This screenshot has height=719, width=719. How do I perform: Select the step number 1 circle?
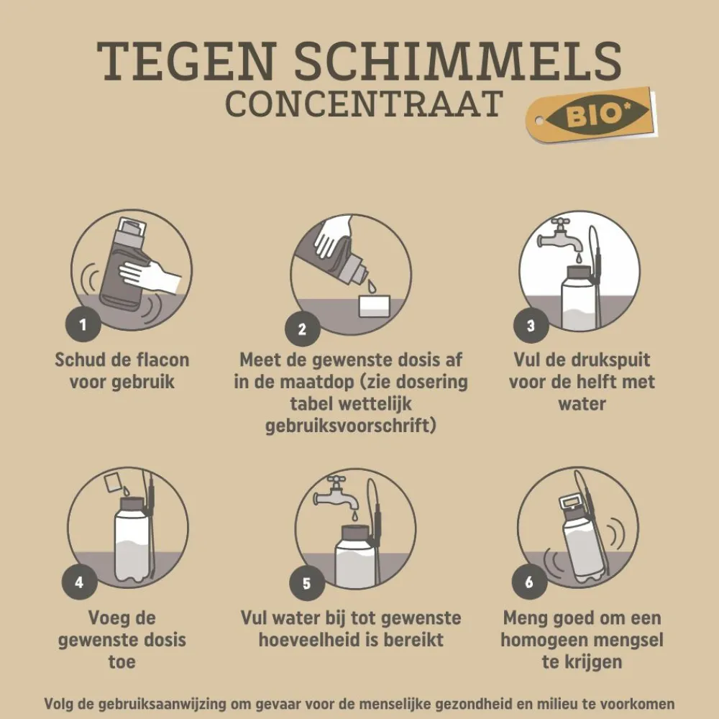click(82, 324)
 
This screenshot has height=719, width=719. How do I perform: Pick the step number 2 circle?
click(302, 329)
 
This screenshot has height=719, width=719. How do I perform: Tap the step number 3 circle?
click(530, 325)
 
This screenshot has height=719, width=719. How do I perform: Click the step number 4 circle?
click(79, 582)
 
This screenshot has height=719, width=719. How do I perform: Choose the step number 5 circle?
click(306, 583)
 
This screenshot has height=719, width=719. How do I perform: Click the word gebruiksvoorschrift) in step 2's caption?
click(351, 426)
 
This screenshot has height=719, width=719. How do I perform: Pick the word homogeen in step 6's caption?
click(546, 640)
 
